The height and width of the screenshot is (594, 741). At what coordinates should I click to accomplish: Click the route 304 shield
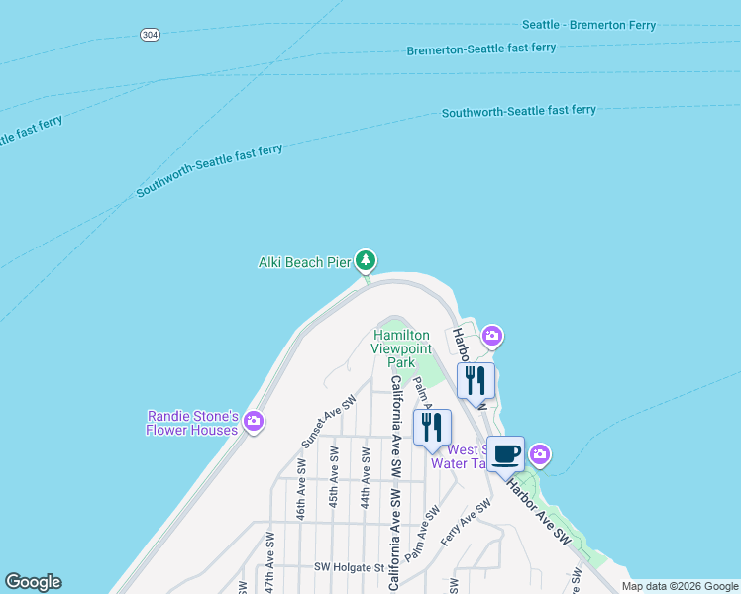coord(150,34)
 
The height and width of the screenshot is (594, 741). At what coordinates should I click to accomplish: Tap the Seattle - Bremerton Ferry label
coord(588,26)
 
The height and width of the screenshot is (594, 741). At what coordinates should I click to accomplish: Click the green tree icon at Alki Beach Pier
coord(367,260)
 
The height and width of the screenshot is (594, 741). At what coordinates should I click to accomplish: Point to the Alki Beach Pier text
coord(304,262)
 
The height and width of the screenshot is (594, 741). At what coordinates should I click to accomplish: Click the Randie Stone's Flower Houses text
coord(191,424)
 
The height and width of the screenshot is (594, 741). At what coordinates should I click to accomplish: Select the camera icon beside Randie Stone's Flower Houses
coord(254,421)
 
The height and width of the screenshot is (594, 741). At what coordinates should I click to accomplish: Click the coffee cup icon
coord(505,454)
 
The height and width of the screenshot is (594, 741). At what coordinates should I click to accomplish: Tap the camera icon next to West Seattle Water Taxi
coord(540,454)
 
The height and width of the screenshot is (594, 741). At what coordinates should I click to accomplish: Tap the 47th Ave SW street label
coord(269,560)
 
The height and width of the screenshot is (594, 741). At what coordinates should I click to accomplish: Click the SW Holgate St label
coord(349,567)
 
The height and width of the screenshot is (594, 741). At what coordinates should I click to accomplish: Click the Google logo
coord(33,582)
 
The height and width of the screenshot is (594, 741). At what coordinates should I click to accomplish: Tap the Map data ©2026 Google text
coord(679,586)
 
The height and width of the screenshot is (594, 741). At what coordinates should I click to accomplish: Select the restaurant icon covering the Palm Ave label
coord(432,428)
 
